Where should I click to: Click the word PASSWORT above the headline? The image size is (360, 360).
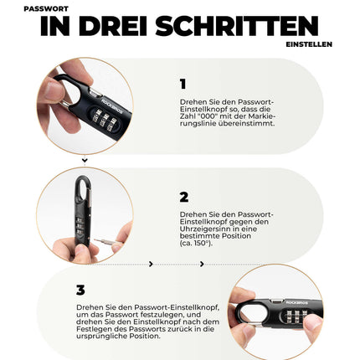pos(46,8)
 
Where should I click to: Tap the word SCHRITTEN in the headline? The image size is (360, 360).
pos(237,26)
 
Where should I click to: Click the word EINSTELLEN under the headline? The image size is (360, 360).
pos(309,44)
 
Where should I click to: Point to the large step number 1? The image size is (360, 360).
pos(183,84)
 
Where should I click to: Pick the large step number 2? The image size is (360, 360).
pos(184,198)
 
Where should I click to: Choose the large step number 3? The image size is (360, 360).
pos(80,291)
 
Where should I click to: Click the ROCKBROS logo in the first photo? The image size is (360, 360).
pos(111,104)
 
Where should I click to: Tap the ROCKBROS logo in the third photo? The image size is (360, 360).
pos(296,303)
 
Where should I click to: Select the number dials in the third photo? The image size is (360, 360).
pos(296,316)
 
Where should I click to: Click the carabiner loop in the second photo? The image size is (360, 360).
pos(82,187)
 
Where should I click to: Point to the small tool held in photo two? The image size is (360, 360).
pos(106,242)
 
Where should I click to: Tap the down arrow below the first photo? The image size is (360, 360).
pos(85,161)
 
